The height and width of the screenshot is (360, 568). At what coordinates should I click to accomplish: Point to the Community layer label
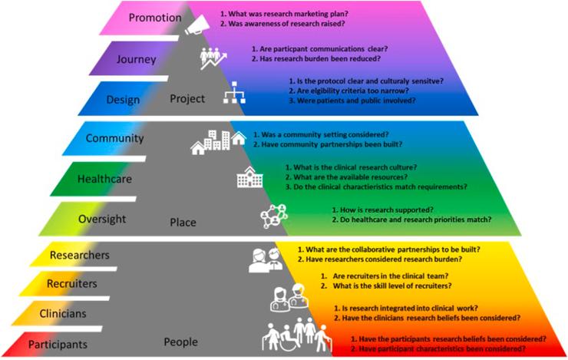114,139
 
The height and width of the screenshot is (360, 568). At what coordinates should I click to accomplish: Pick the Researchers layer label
79,254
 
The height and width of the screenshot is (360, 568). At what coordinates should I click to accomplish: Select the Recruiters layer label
71,284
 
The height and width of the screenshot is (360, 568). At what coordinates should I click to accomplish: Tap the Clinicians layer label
63,313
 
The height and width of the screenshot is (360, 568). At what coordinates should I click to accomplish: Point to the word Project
188,99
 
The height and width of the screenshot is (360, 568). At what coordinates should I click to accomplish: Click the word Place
183,223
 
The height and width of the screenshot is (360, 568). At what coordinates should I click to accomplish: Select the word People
180,342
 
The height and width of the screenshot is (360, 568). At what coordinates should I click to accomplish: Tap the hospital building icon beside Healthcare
247,178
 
